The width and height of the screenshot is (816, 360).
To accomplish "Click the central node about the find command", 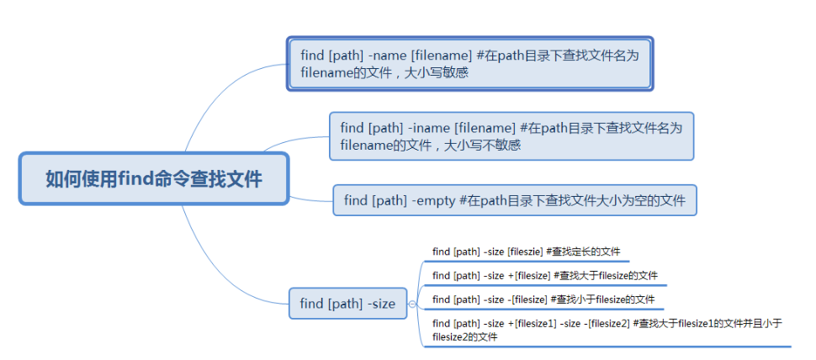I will [x=154, y=178].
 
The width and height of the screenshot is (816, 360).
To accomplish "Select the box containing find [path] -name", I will [x=469, y=63].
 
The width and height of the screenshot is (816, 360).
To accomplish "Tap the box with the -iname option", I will [x=511, y=136].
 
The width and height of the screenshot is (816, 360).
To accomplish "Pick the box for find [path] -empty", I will [x=514, y=200].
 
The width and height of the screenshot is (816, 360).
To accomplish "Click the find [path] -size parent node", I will [x=347, y=303].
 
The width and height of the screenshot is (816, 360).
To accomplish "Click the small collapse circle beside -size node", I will [x=412, y=304].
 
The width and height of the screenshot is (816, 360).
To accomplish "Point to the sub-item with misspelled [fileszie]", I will [x=526, y=251].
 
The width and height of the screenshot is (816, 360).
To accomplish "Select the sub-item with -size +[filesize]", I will [x=544, y=275].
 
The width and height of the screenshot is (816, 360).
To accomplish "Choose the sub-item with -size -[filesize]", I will [x=543, y=299].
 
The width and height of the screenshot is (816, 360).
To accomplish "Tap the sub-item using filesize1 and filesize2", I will [x=606, y=330].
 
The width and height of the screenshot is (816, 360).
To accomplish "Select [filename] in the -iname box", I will [x=485, y=128].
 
